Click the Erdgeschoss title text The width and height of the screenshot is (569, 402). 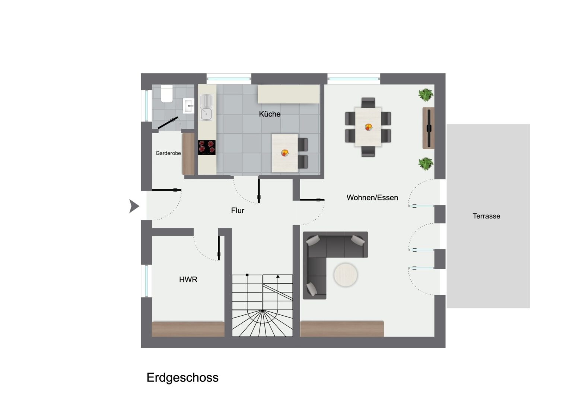[182, 378]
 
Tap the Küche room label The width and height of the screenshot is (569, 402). [270, 114]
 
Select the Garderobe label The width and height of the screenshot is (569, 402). [168, 153]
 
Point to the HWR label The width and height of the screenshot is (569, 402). [188, 280]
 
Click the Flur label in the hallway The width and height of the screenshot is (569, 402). [238, 211]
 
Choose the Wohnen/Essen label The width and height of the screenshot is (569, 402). [372, 198]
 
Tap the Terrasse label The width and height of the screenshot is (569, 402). [486, 216]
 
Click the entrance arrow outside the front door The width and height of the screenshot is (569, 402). [134, 206]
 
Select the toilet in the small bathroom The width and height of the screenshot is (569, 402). [166, 94]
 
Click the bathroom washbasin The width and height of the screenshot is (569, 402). [188, 106]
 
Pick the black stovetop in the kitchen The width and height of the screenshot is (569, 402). [207, 147]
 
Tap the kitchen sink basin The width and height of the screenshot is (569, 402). [206, 114]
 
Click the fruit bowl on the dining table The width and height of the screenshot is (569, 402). [369, 127]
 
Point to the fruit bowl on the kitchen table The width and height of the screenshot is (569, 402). [285, 153]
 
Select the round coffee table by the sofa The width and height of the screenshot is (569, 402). [346, 275]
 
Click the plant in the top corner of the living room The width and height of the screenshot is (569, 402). [426, 95]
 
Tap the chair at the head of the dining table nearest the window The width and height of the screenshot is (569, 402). [368, 103]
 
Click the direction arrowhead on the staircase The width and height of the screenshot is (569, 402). [278, 276]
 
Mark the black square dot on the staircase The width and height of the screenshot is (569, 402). [247, 275]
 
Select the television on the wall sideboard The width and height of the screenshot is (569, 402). [429, 128]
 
